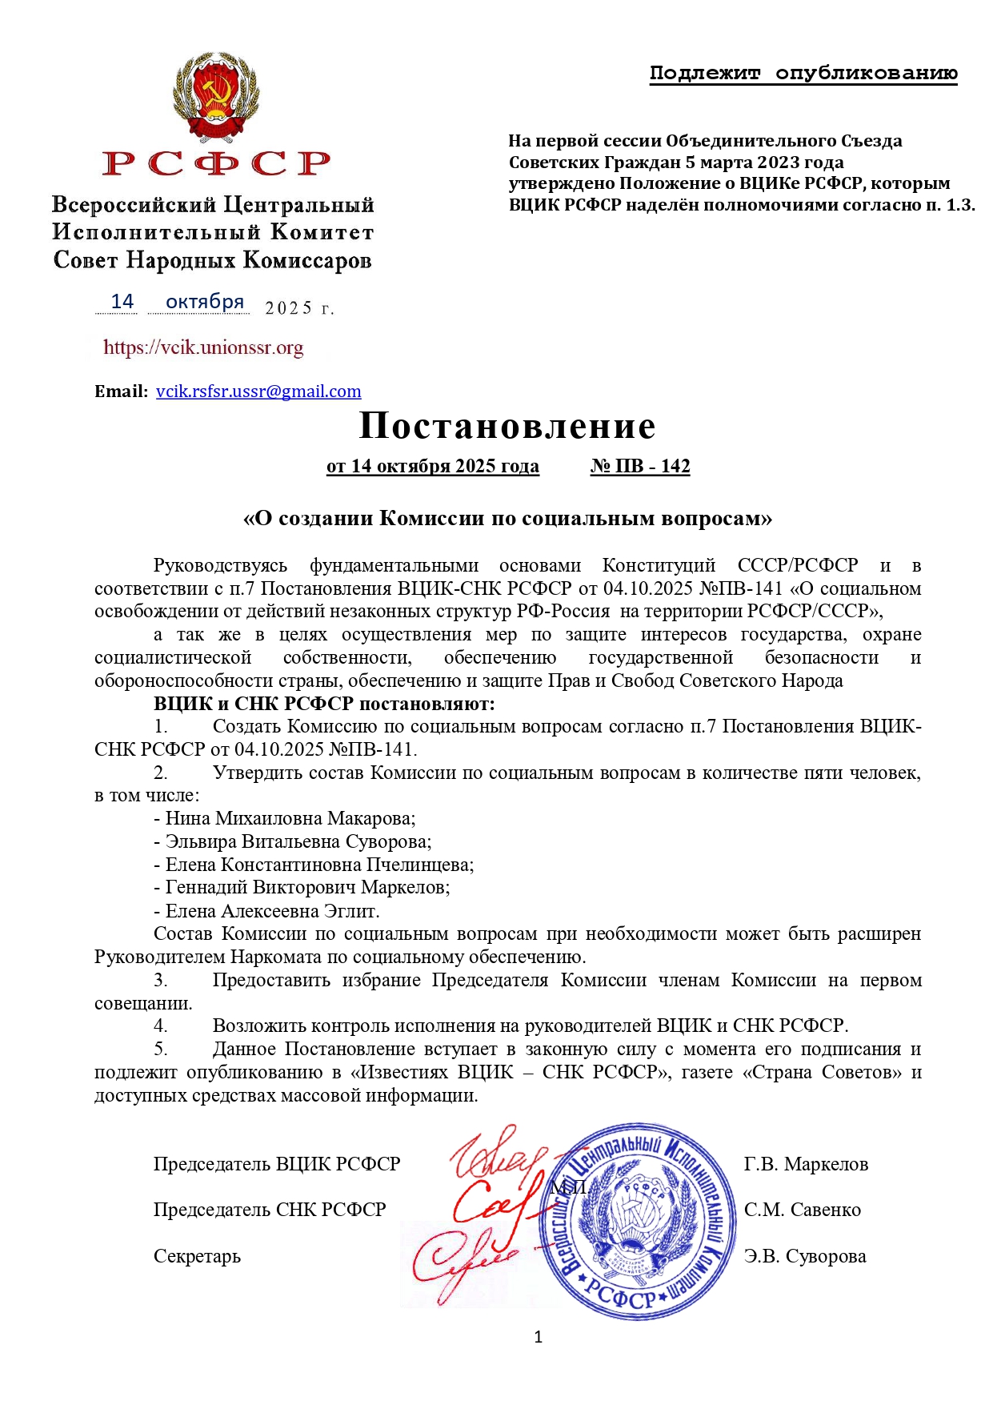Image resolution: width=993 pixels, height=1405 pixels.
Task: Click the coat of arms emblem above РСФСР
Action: pos(216,97)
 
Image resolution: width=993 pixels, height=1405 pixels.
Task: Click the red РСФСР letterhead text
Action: pos(216,163)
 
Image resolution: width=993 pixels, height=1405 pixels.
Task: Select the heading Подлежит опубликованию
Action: pos(803,74)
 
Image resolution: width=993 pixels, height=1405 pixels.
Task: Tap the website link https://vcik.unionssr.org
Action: pos(203,347)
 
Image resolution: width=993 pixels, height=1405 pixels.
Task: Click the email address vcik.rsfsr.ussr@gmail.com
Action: pos(258,391)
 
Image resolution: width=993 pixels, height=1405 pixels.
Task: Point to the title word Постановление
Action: pos(507,426)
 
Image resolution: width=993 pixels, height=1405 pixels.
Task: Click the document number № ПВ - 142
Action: pos(640,467)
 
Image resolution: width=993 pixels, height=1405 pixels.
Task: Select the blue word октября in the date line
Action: pos(204,302)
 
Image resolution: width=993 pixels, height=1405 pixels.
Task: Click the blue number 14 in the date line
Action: pos(122,302)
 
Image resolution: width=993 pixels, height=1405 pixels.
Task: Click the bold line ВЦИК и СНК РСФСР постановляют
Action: pos(324,704)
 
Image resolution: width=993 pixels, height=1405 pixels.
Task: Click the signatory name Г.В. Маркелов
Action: pos(806,1164)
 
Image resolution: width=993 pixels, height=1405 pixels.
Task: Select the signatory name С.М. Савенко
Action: pos(803,1210)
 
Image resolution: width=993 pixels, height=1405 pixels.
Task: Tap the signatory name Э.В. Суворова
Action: pos(805,1256)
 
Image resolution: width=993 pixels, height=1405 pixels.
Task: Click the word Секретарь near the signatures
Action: pos(197,1256)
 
